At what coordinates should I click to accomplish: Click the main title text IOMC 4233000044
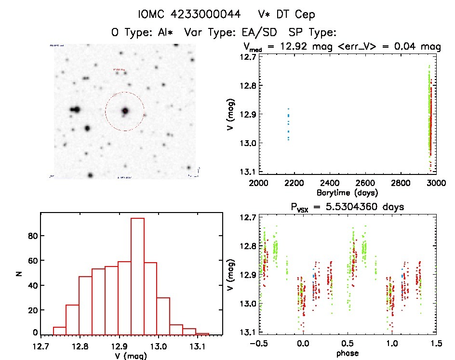tap(189, 14)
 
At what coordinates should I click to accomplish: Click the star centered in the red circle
tap(125, 111)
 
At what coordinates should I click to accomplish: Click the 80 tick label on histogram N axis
tap(32, 236)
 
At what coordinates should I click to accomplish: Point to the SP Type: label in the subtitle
tap(311, 32)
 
